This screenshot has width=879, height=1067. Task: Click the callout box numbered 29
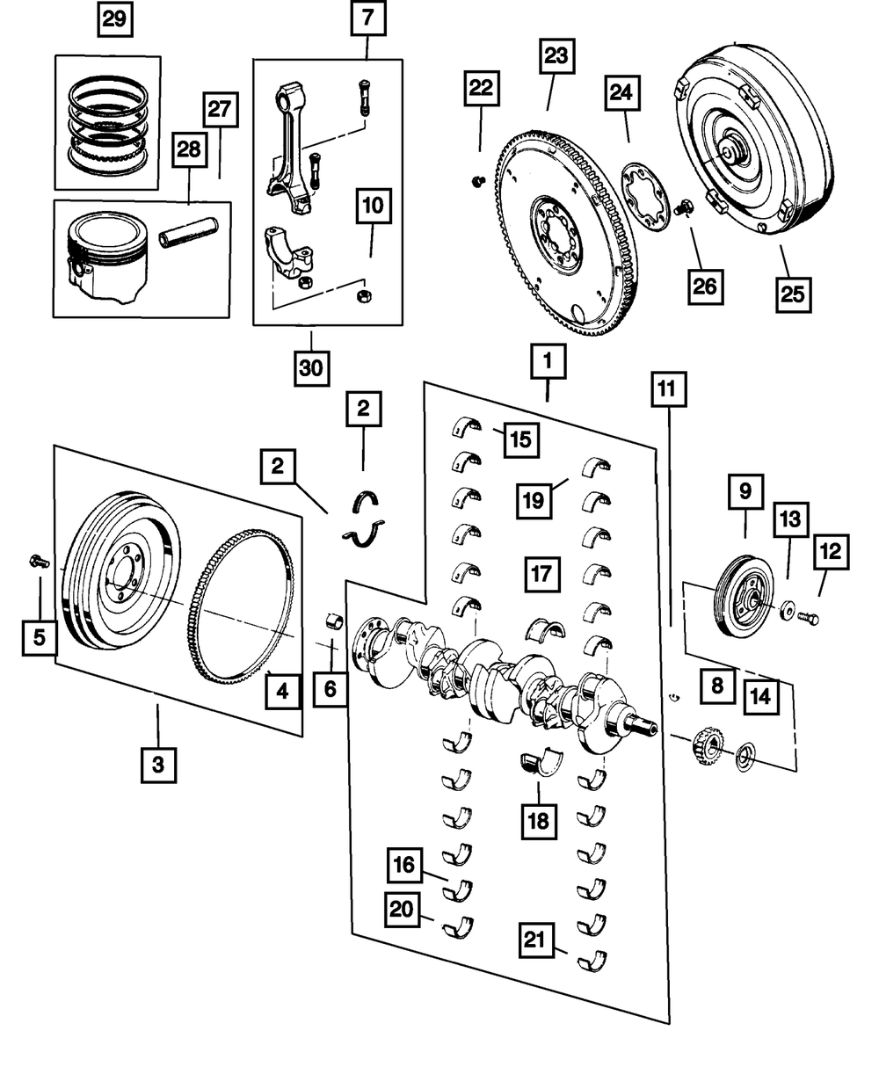pos(113,19)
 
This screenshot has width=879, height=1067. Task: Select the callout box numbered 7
pos(368,19)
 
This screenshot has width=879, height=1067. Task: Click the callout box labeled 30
pos(311,368)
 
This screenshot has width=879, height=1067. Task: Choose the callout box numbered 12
pos(830,553)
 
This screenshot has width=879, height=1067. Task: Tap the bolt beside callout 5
pos(38,560)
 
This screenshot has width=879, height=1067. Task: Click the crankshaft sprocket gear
pos(706,747)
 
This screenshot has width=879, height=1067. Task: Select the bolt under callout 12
pos(809,618)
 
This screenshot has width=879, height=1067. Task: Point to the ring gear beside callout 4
pos(237,615)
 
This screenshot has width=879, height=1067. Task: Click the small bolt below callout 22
pos(479,181)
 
